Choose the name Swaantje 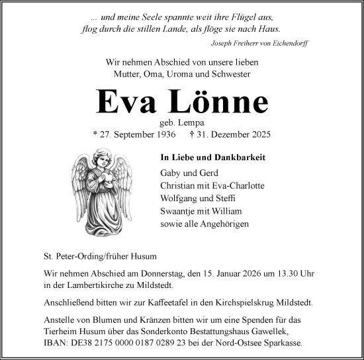[x=179, y=212]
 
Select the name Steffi [x=225, y=199]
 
